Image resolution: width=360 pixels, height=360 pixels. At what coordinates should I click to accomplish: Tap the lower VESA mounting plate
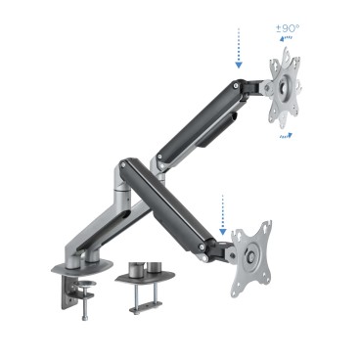(250, 255)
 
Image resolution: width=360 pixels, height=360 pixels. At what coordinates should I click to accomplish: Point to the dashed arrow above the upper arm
(238, 47)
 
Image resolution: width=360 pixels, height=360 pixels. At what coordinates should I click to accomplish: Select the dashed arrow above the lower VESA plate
(223, 215)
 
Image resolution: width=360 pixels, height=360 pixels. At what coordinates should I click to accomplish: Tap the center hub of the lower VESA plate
(251, 256)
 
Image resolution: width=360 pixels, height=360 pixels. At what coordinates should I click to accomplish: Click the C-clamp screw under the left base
(86, 303)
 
